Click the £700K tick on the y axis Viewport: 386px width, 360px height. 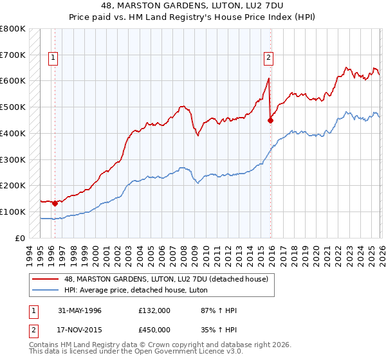pyautogui.click(x=13, y=55)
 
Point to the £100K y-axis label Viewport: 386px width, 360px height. pyautogui.click(x=13, y=212)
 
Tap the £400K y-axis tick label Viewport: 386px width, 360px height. pyautogui.click(x=13, y=134)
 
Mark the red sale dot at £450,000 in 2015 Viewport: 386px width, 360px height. pyautogui.click(x=270, y=120)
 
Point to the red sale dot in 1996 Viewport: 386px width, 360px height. pyautogui.click(x=55, y=203)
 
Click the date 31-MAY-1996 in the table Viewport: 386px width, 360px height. pyautogui.click(x=80, y=310)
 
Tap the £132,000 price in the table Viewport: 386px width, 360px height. pyautogui.click(x=154, y=310)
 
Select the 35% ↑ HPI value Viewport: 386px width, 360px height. pyautogui.click(x=219, y=330)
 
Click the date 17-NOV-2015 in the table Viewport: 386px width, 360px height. pyautogui.click(x=80, y=330)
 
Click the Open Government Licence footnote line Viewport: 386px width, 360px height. pyautogui.click(x=136, y=352)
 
